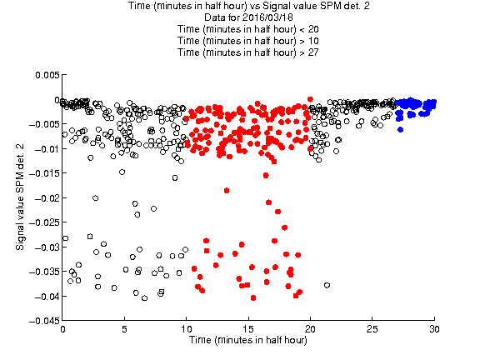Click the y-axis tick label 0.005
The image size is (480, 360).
[47, 75]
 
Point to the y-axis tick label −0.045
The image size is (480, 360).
[44, 321]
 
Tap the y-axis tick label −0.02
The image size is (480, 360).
[47, 198]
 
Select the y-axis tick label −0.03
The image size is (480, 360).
[47, 247]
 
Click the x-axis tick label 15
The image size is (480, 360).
[248, 329]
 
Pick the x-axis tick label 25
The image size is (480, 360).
[372, 329]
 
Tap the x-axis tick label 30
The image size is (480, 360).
[434, 329]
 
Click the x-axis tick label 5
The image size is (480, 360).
[124, 329]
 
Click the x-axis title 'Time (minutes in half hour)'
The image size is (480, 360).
[248, 340]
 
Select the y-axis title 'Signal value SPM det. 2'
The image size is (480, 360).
[20, 197]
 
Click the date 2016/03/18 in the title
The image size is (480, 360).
[267, 17]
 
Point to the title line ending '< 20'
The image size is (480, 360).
[248, 29]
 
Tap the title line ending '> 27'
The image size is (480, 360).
[248, 52]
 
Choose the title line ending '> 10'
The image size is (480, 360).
[248, 41]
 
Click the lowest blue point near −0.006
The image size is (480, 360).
[400, 130]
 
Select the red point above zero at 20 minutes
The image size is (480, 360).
[310, 99]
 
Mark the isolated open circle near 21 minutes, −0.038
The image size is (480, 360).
[327, 285]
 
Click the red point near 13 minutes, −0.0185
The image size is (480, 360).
[227, 190]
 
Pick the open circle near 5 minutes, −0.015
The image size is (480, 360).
[122, 172]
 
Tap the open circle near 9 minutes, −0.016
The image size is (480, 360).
[175, 177]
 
